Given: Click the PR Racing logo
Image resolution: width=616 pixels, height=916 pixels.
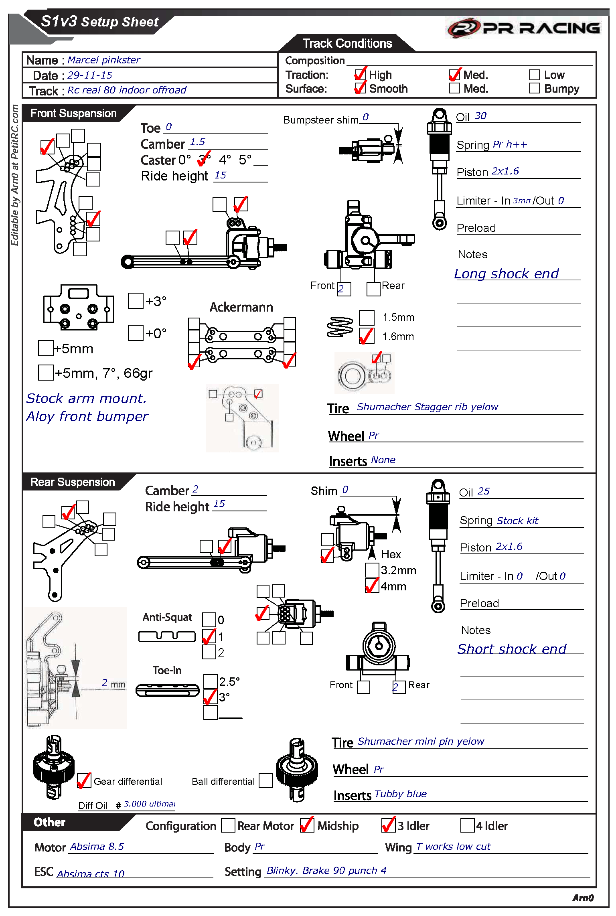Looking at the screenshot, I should pyautogui.click(x=523, y=28).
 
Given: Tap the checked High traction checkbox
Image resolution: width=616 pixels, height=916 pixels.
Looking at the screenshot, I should pyautogui.click(x=360, y=75).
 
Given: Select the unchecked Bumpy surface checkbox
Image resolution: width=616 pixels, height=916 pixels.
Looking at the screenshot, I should pyautogui.click(x=534, y=88).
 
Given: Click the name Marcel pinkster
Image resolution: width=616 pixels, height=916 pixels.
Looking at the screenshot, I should pyautogui.click(x=103, y=60).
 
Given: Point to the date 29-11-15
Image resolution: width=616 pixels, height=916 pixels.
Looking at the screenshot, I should pyautogui.click(x=90, y=75).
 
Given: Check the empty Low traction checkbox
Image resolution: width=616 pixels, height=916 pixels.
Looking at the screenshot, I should pyautogui.click(x=534, y=75).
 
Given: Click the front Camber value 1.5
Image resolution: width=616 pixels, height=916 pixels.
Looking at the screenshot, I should pyautogui.click(x=197, y=142).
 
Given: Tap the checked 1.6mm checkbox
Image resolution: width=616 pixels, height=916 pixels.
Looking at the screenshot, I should pyautogui.click(x=367, y=336).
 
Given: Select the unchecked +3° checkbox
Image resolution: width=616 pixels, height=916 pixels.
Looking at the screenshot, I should pyautogui.click(x=136, y=301).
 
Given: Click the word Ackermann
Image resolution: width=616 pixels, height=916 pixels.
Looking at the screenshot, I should pyautogui.click(x=241, y=307).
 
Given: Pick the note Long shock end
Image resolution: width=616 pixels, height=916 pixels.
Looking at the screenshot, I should pyautogui.click(x=506, y=274).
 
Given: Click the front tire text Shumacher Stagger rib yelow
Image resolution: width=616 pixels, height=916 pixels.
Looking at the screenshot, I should pyautogui.click(x=427, y=407).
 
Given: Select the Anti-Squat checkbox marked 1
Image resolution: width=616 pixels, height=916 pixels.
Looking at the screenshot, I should pyautogui.click(x=209, y=636).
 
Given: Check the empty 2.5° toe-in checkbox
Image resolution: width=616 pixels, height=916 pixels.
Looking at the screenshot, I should pyautogui.click(x=211, y=681).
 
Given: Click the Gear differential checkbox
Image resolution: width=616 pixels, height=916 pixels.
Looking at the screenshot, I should pyautogui.click(x=84, y=781).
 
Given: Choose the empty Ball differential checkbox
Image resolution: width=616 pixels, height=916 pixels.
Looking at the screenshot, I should pyautogui.click(x=265, y=781).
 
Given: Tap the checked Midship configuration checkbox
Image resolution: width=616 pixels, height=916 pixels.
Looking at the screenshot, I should pyautogui.click(x=307, y=825).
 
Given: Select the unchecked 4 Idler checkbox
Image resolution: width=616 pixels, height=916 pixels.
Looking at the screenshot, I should pyautogui.click(x=467, y=825).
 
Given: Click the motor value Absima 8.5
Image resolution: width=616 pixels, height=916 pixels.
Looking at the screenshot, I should pyautogui.click(x=97, y=847).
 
